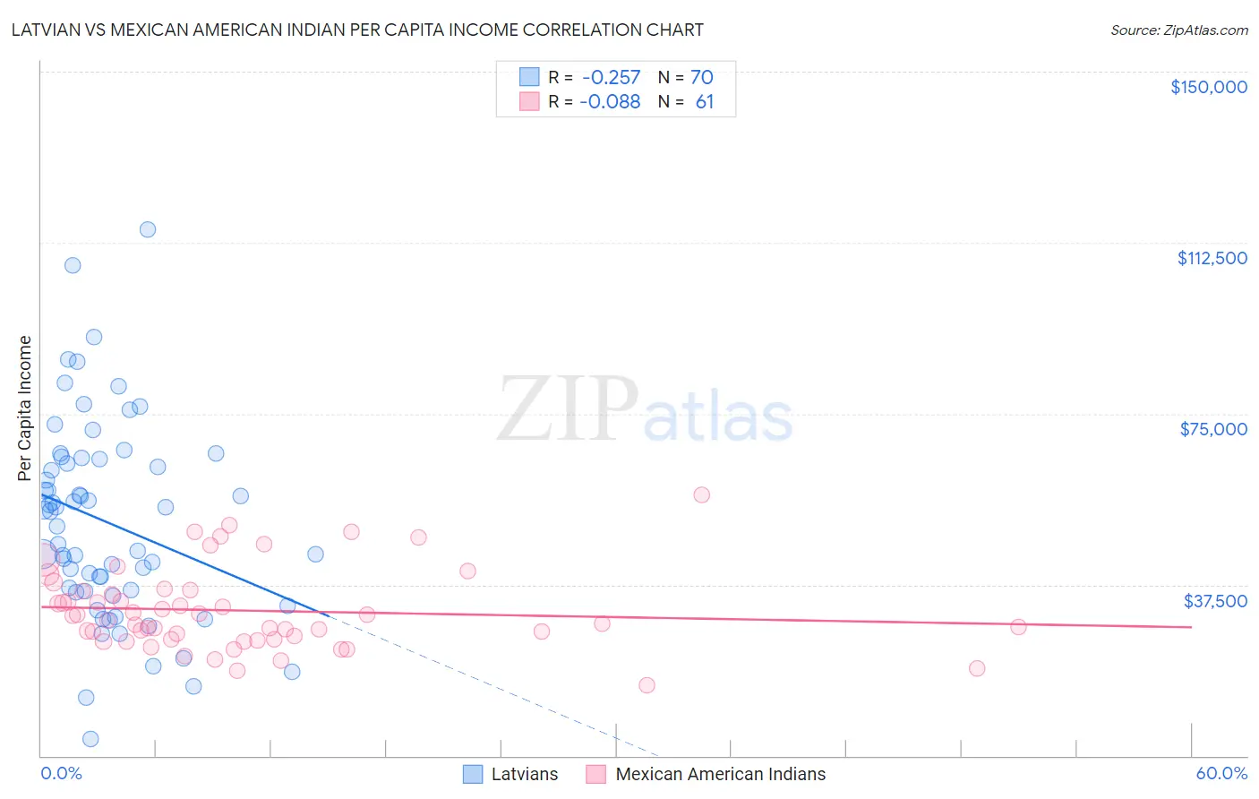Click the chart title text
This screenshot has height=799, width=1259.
pyautogui.click(x=356, y=30)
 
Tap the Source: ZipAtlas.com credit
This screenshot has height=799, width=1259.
pyautogui.click(x=1178, y=30)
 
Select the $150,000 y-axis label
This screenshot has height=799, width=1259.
pyautogui.click(x=1208, y=87)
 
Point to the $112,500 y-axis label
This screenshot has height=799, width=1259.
pyautogui.click(x=1212, y=258)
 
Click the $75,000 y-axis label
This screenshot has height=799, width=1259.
pyautogui.click(x=1213, y=429)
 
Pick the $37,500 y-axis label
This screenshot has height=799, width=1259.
pyautogui.click(x=1215, y=601)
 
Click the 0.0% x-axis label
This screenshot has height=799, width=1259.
pyautogui.click(x=61, y=773)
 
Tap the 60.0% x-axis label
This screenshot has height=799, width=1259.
pyautogui.click(x=1221, y=773)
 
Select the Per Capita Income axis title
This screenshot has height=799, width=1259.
pyautogui.click(x=25, y=408)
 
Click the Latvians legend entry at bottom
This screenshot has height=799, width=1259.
pyautogui.click(x=524, y=774)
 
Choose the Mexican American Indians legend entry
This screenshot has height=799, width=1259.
pyautogui.click(x=720, y=774)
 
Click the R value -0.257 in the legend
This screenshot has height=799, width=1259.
pyautogui.click(x=611, y=78)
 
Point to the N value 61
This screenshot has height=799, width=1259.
pyautogui.click(x=705, y=102)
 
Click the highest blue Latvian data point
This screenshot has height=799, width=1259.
pyautogui.click(x=148, y=229)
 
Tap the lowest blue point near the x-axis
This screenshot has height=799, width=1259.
pyautogui.click(x=90, y=739)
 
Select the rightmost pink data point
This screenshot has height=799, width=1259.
pyautogui.click(x=1018, y=627)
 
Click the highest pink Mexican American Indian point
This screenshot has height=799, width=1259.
pyautogui.click(x=702, y=495)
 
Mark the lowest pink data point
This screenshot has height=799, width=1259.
pyautogui.click(x=647, y=685)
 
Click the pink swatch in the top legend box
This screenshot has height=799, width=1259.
pyautogui.click(x=529, y=102)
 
